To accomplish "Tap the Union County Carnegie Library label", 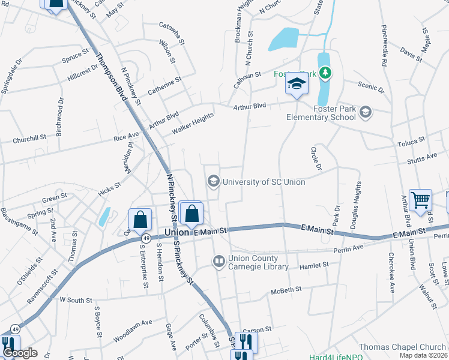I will [x=259, y=263].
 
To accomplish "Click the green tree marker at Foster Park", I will [x=325, y=73].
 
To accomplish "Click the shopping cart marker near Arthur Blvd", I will [x=421, y=200].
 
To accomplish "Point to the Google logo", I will [x=20, y=353].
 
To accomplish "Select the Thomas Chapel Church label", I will [x=403, y=347].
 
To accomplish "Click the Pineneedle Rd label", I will [x=383, y=45].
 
